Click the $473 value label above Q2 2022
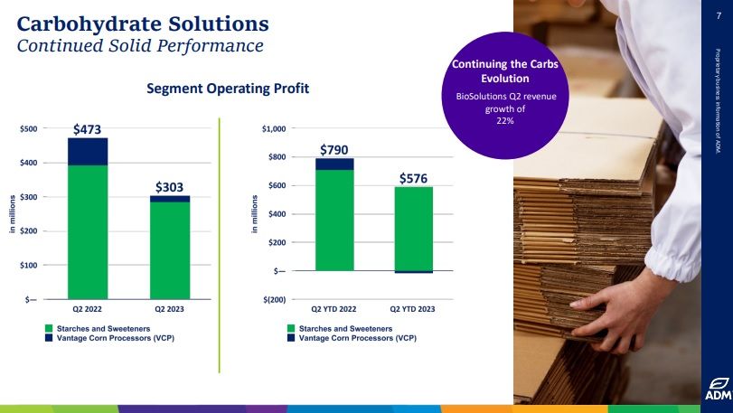coord(87,129)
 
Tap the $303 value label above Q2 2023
coord(169,187)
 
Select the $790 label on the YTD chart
coord(334,149)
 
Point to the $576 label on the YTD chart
coord(413,179)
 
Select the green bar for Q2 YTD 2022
coord(334,220)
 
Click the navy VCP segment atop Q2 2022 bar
coord(88,151)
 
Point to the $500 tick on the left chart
coord(29,129)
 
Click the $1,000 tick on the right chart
coord(273,129)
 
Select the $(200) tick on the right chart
coord(273,299)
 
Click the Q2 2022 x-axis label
coord(88,309)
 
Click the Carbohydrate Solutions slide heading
coord(143,22)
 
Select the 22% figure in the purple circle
coord(505,120)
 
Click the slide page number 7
coord(718,14)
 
